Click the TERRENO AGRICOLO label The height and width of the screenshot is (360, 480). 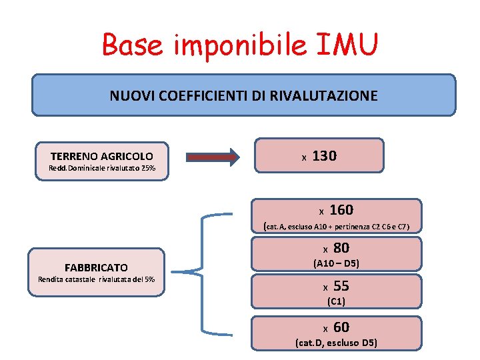point(101,156)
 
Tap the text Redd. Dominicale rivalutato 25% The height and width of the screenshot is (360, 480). point(102,168)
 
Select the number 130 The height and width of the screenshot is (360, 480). point(325,156)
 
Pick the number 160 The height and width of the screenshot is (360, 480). point(341,210)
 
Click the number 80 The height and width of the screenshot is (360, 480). point(341,248)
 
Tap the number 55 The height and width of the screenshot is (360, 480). point(341,286)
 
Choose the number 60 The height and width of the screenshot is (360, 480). point(341,327)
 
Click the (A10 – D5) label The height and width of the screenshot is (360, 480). point(336,263)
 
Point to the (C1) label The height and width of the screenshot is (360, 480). point(336,301)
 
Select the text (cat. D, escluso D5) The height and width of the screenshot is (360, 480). point(336,343)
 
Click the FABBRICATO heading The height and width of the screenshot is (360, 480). point(96,267)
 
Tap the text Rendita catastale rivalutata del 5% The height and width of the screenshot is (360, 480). point(97,279)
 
